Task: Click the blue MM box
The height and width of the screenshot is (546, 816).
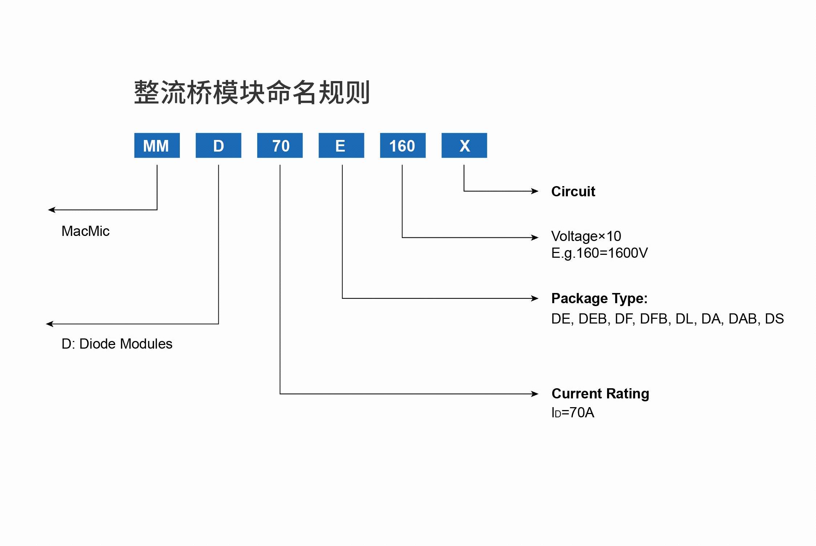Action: click(157, 145)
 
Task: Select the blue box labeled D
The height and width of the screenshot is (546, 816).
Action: click(218, 145)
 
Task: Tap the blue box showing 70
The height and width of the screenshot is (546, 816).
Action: click(280, 145)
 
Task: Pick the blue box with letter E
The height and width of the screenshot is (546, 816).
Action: click(341, 145)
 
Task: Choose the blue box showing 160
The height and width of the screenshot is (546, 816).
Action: click(403, 145)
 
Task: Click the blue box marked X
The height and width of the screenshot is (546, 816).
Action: click(464, 145)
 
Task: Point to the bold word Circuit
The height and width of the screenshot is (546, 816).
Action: click(573, 192)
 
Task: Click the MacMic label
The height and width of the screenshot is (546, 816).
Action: click(85, 231)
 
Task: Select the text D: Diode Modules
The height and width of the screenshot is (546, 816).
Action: click(117, 344)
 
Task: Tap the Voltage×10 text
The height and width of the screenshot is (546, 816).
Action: click(586, 236)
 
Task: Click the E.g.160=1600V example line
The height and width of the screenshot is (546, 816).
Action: click(599, 253)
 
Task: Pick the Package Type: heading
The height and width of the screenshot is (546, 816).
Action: click(599, 298)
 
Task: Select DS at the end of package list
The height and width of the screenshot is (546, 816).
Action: click(774, 319)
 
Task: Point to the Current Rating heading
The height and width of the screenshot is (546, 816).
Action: click(600, 394)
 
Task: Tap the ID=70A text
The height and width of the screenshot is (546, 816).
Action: click(573, 413)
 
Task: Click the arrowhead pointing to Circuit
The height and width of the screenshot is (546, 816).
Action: click(534, 191)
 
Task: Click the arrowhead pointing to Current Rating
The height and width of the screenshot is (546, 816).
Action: click(534, 394)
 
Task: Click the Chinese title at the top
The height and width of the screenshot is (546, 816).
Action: click(252, 93)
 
